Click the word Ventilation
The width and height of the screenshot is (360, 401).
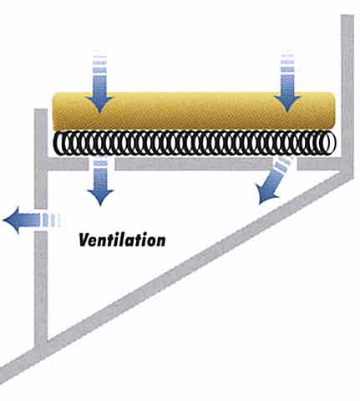(122, 240)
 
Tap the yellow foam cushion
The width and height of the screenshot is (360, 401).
(194, 111)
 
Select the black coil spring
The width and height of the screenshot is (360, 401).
(195, 143)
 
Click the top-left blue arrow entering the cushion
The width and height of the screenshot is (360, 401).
(99, 84)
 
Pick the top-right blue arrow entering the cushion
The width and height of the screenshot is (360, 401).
(287, 82)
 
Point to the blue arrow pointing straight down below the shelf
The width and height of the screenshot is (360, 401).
(100, 181)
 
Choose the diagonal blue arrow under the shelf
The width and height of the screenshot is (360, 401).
(274, 180)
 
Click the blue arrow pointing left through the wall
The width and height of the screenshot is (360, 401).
(33, 220)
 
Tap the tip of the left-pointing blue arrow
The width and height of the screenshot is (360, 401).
(3, 220)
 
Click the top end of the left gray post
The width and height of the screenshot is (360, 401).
(41, 109)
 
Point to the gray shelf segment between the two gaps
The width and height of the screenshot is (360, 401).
(192, 164)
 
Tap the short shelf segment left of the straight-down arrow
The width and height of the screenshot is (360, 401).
(67, 164)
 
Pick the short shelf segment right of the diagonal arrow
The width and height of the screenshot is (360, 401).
(320, 164)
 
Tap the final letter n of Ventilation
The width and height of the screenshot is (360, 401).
(160, 241)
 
